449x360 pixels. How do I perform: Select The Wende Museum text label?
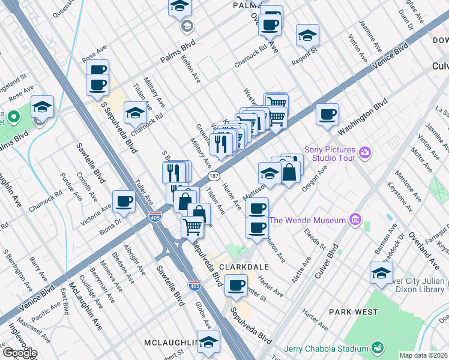307,220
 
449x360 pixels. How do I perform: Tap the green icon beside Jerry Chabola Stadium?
377,348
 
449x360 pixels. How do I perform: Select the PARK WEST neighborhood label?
354,312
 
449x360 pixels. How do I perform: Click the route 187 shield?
214,176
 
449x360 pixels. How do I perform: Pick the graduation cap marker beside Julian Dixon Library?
381,273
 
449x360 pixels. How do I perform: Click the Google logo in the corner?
19,353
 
